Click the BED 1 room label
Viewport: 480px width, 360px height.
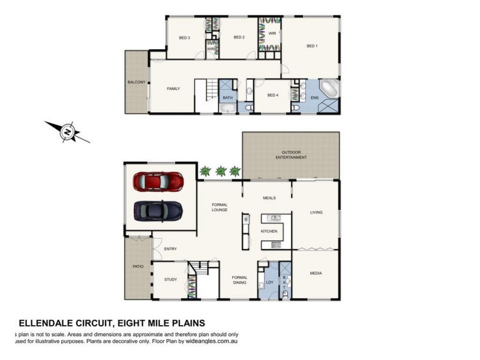tap(311, 46)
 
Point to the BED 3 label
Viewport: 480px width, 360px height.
tap(184, 37)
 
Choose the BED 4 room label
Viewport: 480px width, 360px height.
tap(273, 95)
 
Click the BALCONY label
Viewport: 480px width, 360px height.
tap(136, 82)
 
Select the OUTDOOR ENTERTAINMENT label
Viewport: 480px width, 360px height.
tap(290, 154)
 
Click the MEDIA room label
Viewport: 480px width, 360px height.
tap(316, 273)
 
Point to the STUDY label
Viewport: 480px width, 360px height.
tap(170, 279)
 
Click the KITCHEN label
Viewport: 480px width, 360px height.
tap(269, 231)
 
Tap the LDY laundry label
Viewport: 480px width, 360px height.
tap(269, 282)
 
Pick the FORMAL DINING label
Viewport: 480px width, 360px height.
tap(240, 280)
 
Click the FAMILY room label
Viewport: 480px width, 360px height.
tap(173, 88)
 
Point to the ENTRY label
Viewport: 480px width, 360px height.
tap(170, 248)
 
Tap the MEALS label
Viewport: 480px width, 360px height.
tap(269, 197)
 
